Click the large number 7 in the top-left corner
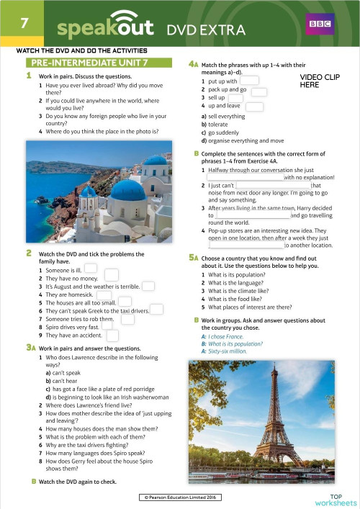24,22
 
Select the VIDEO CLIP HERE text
315,80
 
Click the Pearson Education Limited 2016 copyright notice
179,497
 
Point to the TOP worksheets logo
336,499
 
